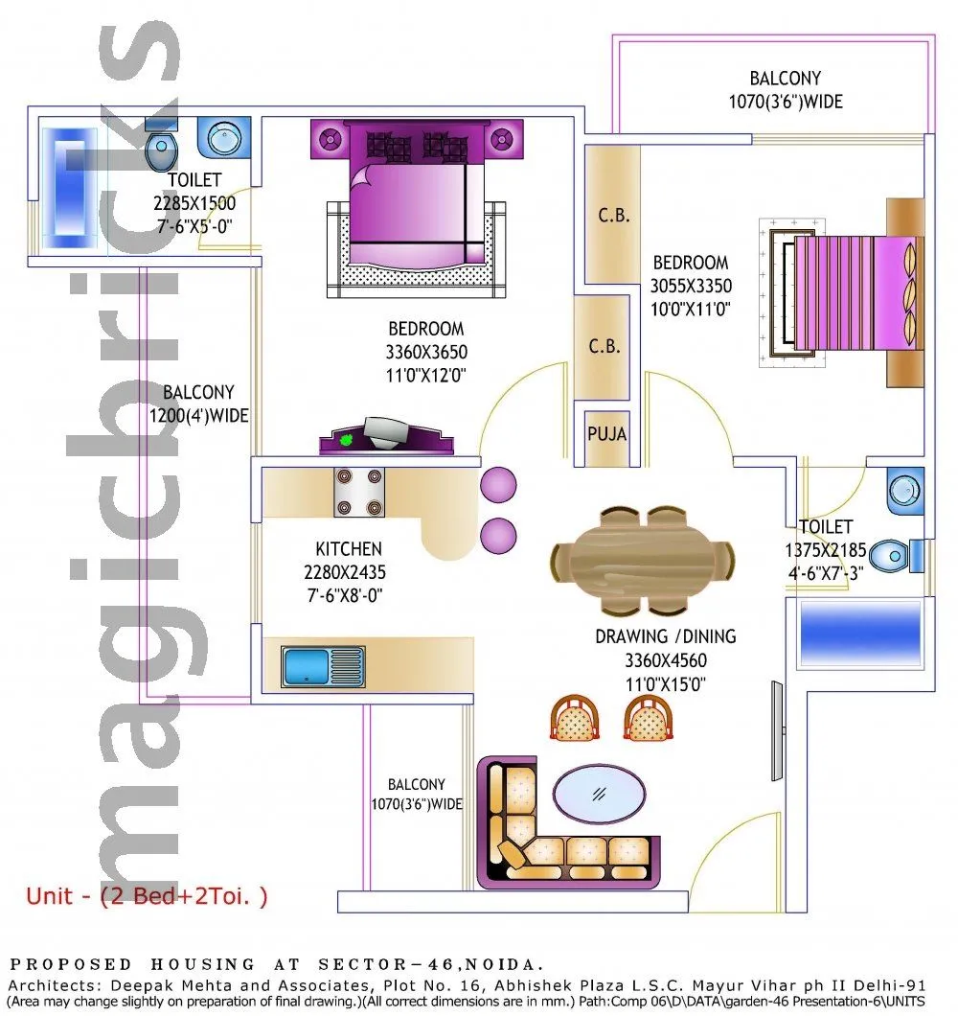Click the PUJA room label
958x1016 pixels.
point(606,434)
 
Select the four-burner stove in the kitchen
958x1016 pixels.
point(358,492)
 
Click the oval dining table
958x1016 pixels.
point(644,561)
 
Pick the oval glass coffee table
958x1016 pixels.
point(601,793)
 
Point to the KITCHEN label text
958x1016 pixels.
point(349,549)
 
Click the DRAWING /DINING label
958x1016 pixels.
point(666,636)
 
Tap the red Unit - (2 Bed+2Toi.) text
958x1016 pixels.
point(147,897)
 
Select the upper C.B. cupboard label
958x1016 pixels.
point(614,216)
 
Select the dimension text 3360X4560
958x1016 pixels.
point(666,660)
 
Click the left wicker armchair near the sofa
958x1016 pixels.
point(574,719)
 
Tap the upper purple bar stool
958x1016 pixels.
point(498,484)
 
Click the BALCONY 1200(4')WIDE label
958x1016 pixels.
point(198,404)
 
